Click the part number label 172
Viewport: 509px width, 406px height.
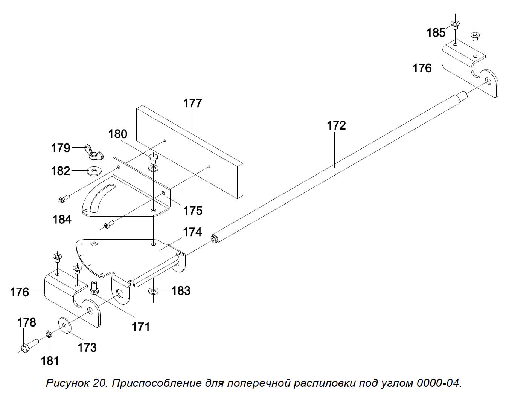(336, 125)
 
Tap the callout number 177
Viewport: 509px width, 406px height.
(192, 103)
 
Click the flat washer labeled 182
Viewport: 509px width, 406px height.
(94, 171)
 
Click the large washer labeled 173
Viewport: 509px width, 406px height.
(64, 325)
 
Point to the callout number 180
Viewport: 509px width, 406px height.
(118, 134)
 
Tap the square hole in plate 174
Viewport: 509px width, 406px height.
(94, 244)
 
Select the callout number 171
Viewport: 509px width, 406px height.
(141, 327)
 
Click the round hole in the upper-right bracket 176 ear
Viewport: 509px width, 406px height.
(488, 82)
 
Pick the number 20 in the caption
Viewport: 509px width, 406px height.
(101, 383)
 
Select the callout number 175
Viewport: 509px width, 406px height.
(193, 210)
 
